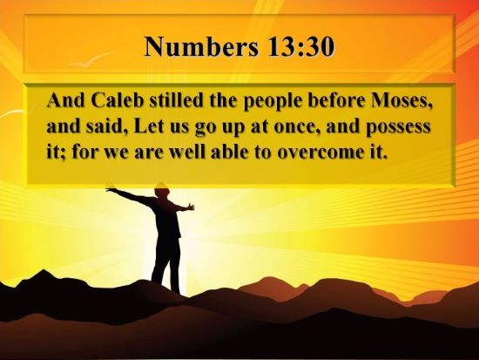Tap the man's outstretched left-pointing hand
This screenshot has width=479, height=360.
110,187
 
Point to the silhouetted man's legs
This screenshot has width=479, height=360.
164,266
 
